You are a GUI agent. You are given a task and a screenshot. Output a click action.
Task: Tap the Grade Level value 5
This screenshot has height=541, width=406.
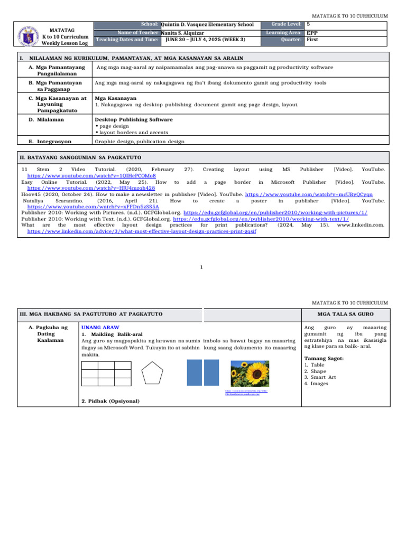pyautogui.click(x=308, y=24)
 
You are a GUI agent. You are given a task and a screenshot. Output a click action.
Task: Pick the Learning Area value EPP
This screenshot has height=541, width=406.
pyautogui.click(x=312, y=32)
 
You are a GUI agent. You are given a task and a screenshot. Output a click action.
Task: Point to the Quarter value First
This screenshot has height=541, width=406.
pyautogui.click(x=312, y=40)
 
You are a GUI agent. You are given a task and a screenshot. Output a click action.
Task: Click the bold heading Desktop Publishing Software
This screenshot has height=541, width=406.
pyautogui.click(x=133, y=120)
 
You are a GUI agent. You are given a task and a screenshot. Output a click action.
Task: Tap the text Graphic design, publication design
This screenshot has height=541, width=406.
pyautogui.click(x=140, y=142)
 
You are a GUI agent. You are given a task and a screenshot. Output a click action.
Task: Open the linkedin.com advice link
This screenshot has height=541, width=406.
pyautogui.click(x=142, y=232)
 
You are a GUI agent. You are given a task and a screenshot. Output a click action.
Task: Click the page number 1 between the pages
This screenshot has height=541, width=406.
pyautogui.click(x=202, y=267)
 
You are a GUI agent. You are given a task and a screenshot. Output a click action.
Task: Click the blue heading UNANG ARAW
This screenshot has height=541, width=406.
pyautogui.click(x=100, y=328)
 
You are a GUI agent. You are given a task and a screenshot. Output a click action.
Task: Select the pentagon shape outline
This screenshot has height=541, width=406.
pyautogui.click(x=154, y=375)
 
